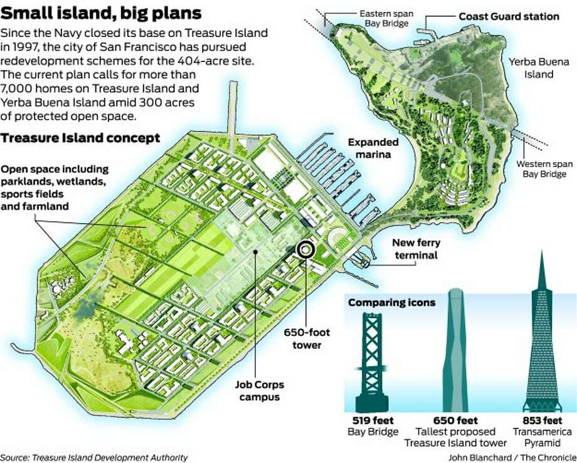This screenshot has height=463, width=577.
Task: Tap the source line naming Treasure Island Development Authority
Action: click(94, 457)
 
